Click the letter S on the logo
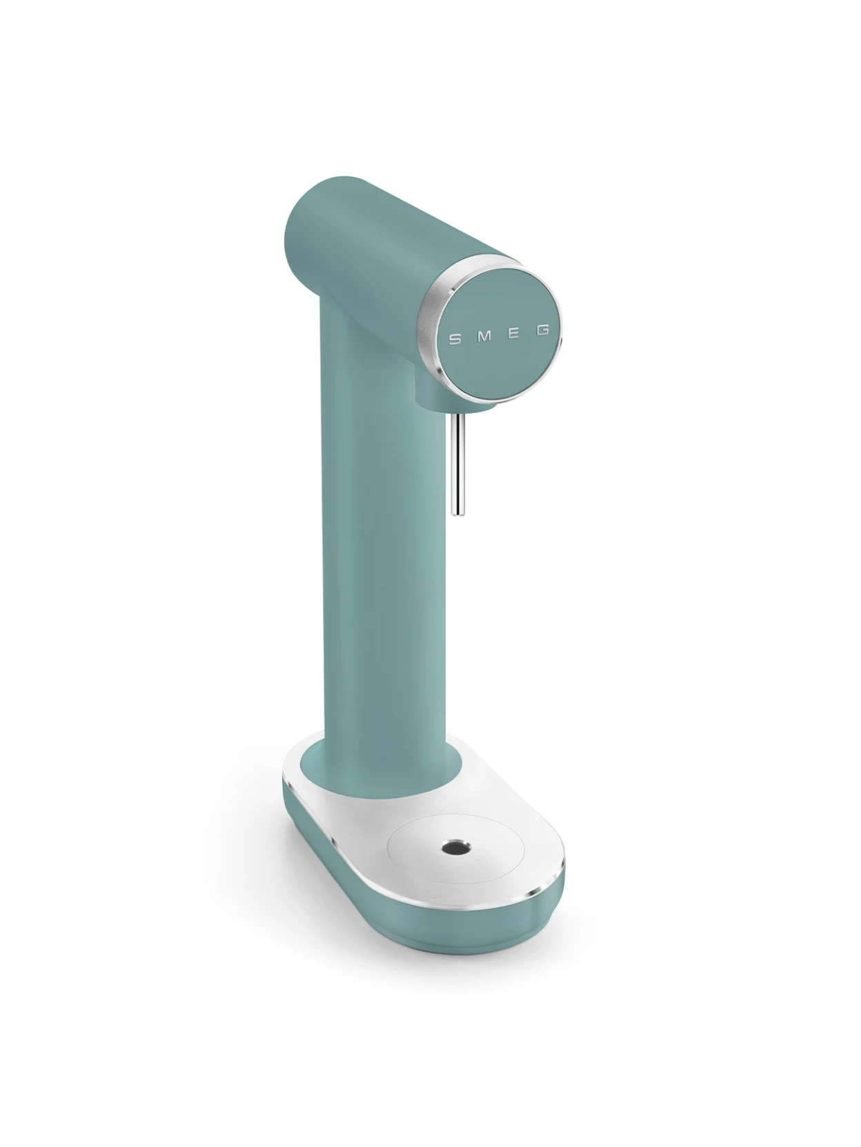[455, 339]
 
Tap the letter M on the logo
[484, 336]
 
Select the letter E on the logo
[514, 333]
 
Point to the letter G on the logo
[543, 330]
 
